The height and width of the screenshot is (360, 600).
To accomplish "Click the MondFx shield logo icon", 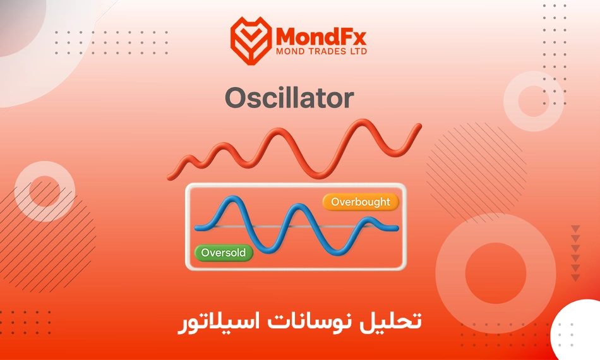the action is pyautogui.click(x=251, y=40).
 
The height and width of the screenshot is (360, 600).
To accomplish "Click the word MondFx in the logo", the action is pyautogui.click(x=321, y=37).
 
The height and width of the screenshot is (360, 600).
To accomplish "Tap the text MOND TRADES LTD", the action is pyautogui.click(x=321, y=51).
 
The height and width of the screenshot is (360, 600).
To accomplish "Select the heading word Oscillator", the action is pyautogui.click(x=289, y=98).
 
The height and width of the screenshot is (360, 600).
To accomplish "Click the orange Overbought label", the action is pyautogui.click(x=361, y=202).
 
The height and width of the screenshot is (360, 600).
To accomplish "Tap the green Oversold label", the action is pyautogui.click(x=224, y=253).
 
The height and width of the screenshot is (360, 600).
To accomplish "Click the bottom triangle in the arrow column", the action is pyautogui.click(x=575, y=277).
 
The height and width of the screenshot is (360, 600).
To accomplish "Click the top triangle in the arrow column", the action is pyautogui.click(x=575, y=229).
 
